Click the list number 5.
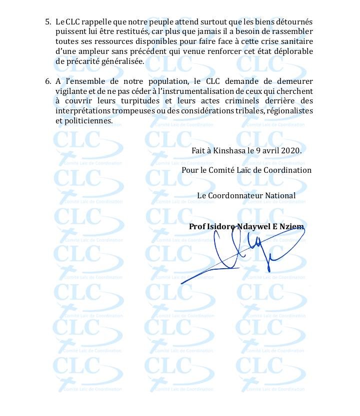48,22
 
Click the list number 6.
48,81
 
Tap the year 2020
291,150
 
